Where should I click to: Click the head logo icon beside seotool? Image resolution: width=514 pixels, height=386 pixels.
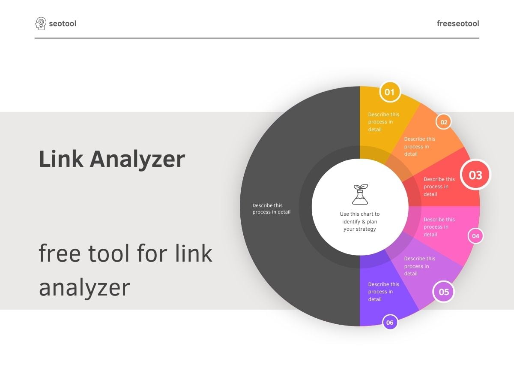(x=40, y=23)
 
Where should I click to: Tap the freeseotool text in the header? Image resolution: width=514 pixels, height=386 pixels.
(x=458, y=24)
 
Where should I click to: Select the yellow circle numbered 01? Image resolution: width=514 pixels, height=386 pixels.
(x=389, y=92)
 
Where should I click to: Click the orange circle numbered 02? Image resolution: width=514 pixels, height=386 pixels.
(x=444, y=122)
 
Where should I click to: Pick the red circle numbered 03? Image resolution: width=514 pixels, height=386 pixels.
(x=475, y=175)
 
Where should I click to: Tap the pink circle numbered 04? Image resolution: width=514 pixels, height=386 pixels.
(x=475, y=236)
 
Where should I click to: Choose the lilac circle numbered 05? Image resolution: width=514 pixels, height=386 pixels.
(x=443, y=292)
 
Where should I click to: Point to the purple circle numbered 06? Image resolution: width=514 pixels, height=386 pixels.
(x=389, y=323)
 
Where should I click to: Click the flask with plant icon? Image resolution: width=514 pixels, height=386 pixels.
(x=360, y=194)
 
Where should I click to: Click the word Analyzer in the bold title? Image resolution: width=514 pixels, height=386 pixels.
(x=137, y=159)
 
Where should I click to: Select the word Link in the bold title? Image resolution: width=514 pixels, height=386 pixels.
(x=60, y=159)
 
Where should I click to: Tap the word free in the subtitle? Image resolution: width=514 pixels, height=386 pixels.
(x=60, y=253)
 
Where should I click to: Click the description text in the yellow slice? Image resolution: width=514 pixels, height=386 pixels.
(x=383, y=122)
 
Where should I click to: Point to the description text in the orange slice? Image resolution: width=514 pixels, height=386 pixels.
(x=419, y=146)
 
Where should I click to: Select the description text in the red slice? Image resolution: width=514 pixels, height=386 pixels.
(x=439, y=187)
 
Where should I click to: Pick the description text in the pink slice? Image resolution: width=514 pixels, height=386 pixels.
(x=439, y=227)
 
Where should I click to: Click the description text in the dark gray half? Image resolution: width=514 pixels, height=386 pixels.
(x=271, y=209)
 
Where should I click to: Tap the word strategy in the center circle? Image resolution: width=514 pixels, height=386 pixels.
(x=365, y=229)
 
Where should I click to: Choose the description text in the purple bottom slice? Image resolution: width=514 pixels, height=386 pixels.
(x=383, y=292)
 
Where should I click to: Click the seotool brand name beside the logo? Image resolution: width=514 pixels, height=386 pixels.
(x=63, y=24)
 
